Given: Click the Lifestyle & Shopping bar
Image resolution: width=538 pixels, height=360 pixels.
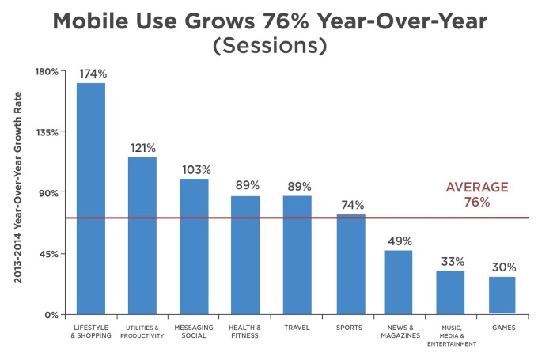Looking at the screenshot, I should tap(90, 198).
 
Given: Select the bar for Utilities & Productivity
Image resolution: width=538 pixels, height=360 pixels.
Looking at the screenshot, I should tap(142, 235).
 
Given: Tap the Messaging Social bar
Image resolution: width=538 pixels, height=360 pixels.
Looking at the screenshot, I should tap(194, 246).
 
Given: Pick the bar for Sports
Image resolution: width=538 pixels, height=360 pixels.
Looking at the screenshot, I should tap(351, 263).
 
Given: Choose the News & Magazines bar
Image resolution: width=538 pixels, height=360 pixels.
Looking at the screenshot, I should tap(398, 282).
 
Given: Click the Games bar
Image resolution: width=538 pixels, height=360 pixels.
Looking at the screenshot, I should tap(502, 294).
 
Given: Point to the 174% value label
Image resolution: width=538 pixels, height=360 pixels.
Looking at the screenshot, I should tap(92, 74).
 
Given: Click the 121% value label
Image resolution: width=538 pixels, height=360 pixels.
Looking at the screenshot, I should tap(143, 148).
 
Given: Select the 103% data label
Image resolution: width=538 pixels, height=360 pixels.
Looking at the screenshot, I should tap(195, 169).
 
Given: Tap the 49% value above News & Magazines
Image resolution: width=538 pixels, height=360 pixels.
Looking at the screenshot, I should tap(400, 241).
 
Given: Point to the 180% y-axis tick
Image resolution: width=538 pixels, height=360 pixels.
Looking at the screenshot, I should tap(47, 72).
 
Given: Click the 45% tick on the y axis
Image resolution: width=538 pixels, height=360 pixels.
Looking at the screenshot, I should tap(49, 254).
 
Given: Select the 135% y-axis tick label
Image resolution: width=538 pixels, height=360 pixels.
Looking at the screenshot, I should tap(47, 132).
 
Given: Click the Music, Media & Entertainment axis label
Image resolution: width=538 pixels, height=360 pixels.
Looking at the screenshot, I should tap(450, 335).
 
